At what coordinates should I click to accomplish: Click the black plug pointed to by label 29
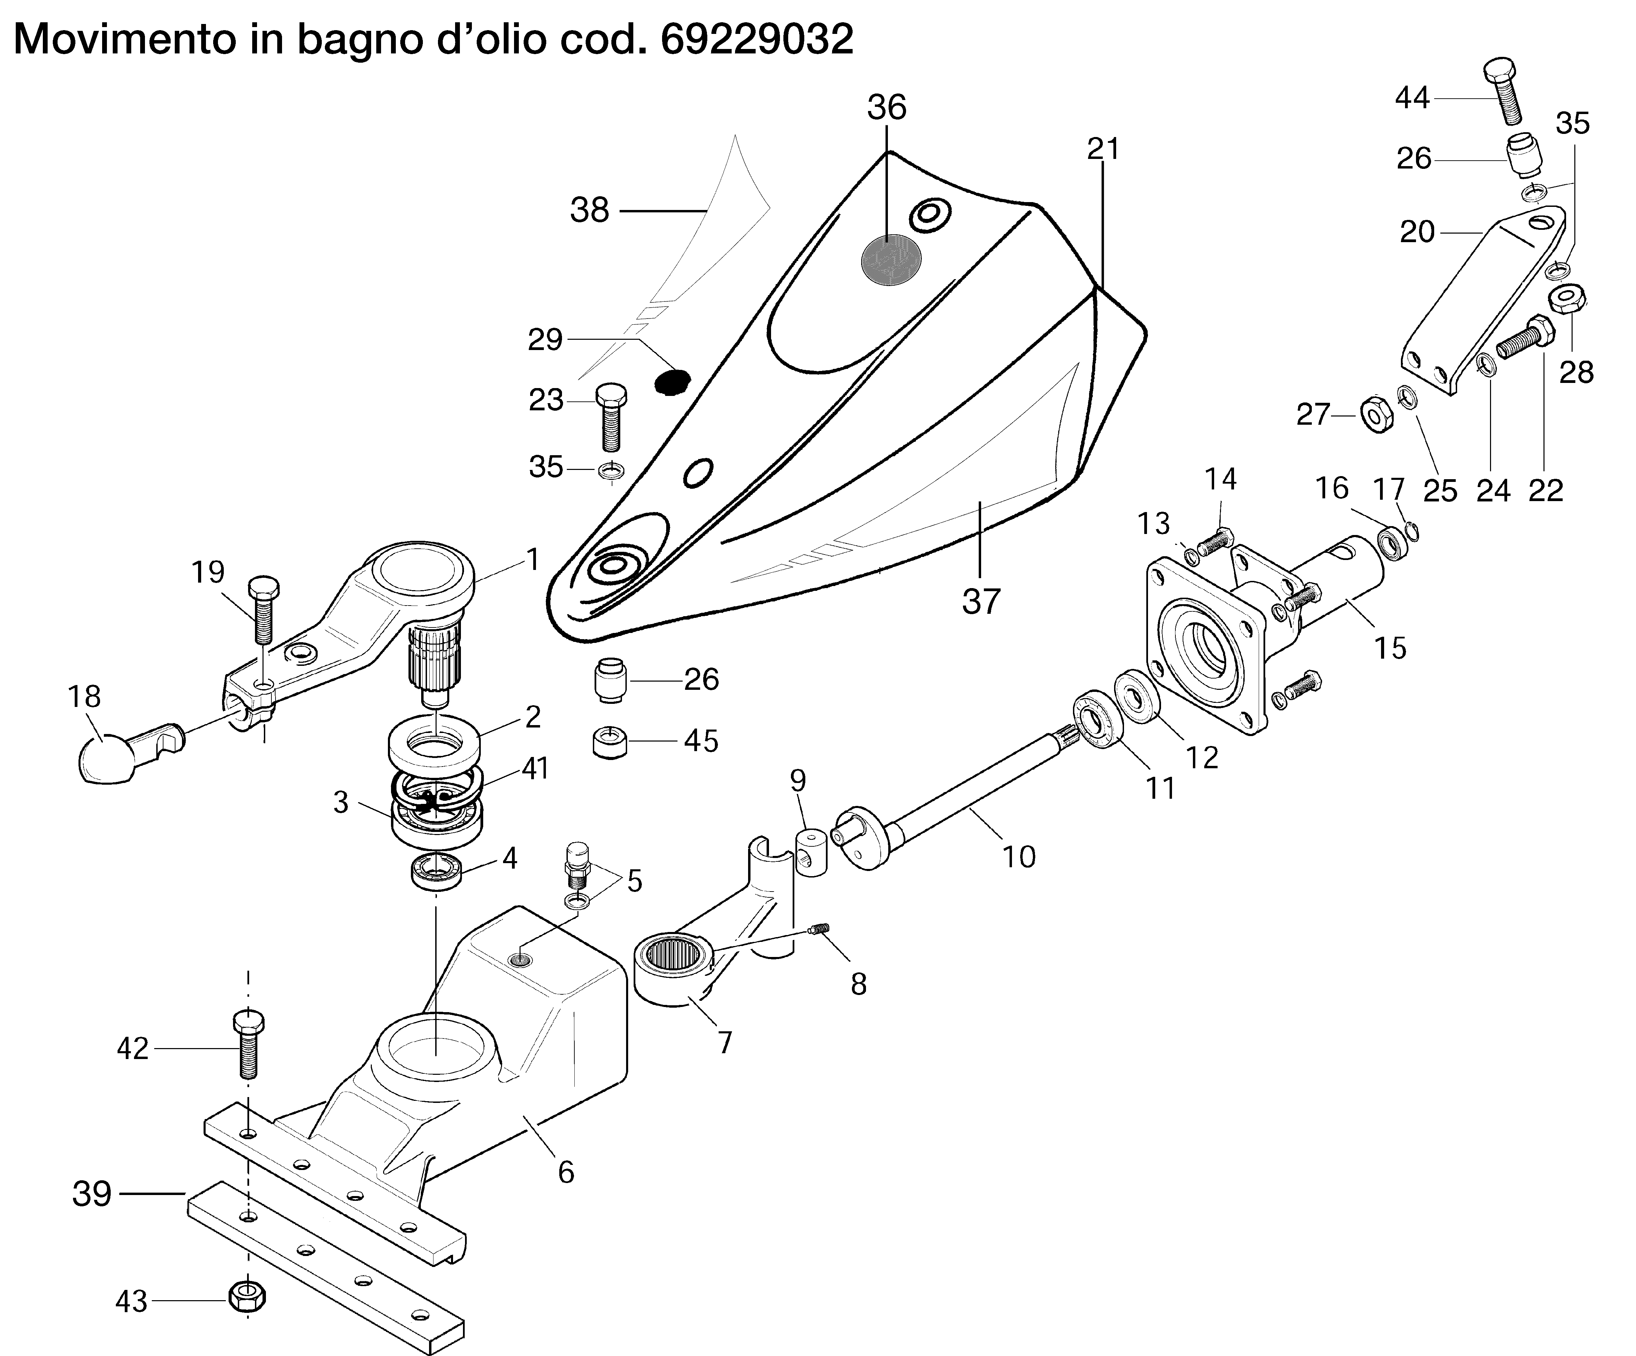tap(672, 382)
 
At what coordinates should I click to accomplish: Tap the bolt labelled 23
tap(611, 417)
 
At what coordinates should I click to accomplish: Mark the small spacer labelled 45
tap(611, 742)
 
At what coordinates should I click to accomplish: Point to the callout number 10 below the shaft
tap(1018, 856)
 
